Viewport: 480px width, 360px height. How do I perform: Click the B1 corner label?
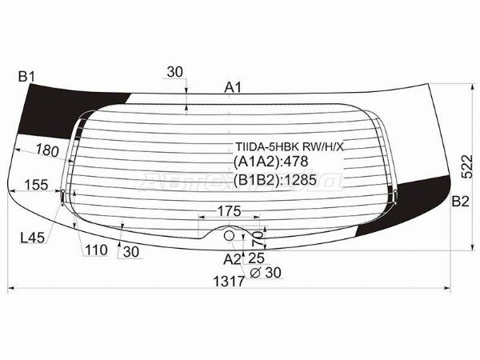pyautogui.click(x=27, y=77)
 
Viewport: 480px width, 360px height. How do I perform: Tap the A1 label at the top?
pyautogui.click(x=233, y=87)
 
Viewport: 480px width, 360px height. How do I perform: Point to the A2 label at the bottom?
pyautogui.click(x=232, y=258)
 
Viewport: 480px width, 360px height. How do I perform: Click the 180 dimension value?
pyautogui.click(x=48, y=150)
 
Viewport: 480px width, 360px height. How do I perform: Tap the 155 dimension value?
pyautogui.click(x=36, y=185)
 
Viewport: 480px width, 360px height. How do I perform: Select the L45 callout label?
pyautogui.click(x=33, y=237)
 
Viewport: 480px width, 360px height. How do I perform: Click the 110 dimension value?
pyautogui.click(x=96, y=250)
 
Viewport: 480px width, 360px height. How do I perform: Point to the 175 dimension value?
pyautogui.click(x=229, y=211)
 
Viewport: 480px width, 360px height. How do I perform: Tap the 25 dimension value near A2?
pyautogui.click(x=257, y=258)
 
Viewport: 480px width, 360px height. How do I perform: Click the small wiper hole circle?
pyautogui.click(x=230, y=236)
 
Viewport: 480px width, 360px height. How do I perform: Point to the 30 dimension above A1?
pyautogui.click(x=175, y=72)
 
